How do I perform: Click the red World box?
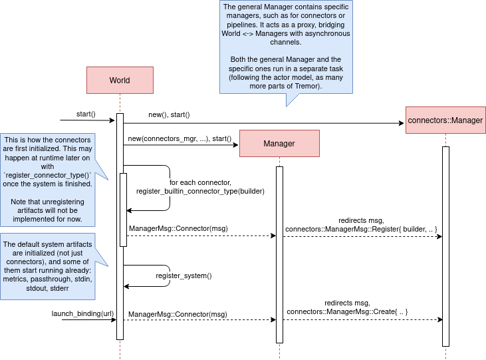[120, 81]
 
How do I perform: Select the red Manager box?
[279, 143]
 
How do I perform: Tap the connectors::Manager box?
[445, 120]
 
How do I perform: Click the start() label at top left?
[86, 114]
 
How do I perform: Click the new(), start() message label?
[169, 114]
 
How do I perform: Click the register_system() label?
[183, 275]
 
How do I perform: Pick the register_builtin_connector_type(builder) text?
[200, 191]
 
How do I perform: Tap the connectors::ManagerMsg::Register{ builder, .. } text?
[361, 229]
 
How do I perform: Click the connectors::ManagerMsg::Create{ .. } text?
[347, 311]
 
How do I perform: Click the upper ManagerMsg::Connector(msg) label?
[178, 228]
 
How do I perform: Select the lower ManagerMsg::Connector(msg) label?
[178, 313]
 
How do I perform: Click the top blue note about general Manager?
[286, 47]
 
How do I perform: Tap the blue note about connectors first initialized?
[48, 180]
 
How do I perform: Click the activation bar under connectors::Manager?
[445, 246]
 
